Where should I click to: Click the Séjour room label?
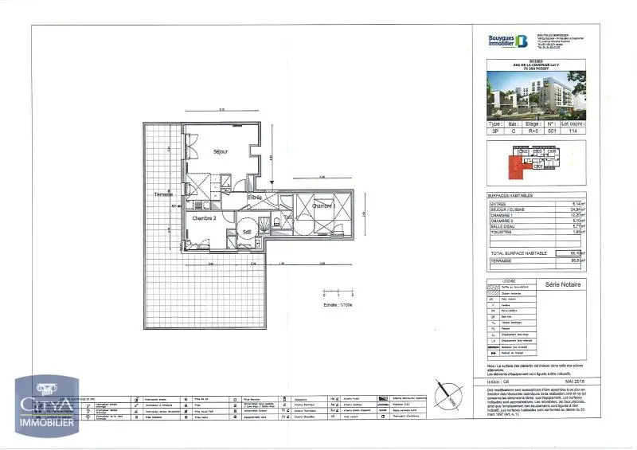coord(221,151)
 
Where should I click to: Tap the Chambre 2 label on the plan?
coord(204,217)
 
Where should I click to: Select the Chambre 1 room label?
coord(323,205)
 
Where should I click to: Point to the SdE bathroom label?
coord(248,232)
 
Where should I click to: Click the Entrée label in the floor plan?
coord(255,197)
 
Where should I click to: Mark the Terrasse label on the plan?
coord(164,195)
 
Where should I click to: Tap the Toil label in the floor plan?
coord(287,217)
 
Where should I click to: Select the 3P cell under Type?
coord(496,133)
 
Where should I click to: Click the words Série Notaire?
coord(563,284)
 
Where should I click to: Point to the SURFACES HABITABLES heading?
coord(510,195)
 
